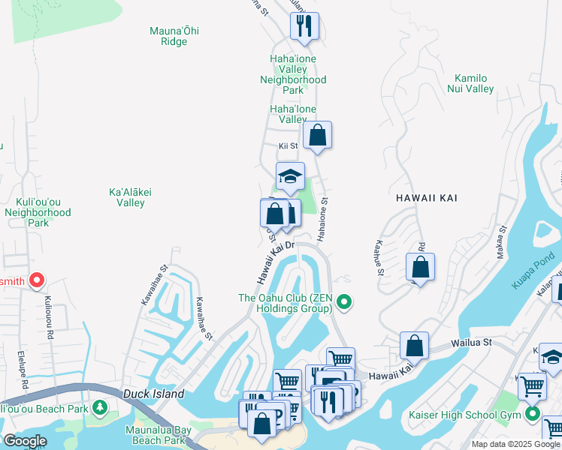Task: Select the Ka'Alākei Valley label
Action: [131, 197]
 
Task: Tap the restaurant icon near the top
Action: [304, 26]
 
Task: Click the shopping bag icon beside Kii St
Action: [318, 136]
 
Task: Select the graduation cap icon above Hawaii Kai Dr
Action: [290, 177]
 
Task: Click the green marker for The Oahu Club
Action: [344, 303]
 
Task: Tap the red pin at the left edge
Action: [37, 281]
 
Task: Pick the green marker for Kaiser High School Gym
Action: [533, 413]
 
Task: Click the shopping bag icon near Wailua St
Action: [414, 346]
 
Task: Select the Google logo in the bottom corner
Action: [25, 441]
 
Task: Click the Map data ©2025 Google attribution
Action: [515, 444]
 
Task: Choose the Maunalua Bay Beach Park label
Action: [155, 435]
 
